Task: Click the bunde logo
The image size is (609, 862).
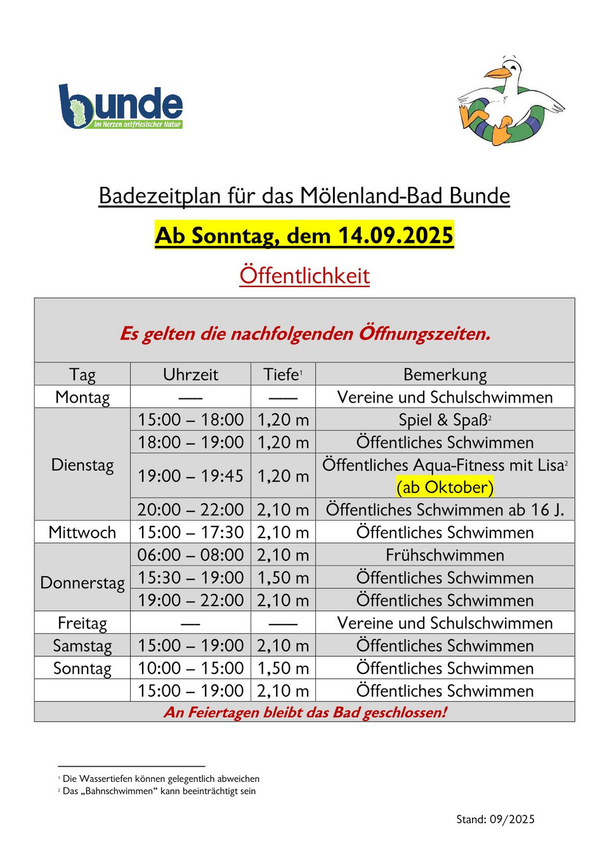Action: click(121, 107)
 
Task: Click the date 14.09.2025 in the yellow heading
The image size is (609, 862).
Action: click(395, 236)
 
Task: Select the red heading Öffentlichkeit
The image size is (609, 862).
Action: click(304, 276)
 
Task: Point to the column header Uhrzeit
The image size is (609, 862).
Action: click(190, 375)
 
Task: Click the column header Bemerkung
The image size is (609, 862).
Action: click(445, 375)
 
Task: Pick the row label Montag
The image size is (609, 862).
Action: click(82, 398)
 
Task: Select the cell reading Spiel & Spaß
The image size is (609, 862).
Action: click(445, 420)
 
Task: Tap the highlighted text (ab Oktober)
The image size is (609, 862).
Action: click(445, 487)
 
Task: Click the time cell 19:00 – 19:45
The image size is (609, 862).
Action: click(190, 476)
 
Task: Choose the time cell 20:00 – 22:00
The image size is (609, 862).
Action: click(190, 510)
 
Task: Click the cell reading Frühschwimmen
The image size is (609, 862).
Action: click(445, 555)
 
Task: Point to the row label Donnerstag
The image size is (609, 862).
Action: click(82, 583)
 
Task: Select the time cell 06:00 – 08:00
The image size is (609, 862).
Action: click(190, 555)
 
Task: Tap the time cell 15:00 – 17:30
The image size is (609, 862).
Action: click(190, 532)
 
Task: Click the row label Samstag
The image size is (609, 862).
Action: click(82, 646)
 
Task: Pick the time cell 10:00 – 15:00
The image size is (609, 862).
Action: click(190, 668)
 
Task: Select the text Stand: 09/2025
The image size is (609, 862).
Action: click(495, 819)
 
